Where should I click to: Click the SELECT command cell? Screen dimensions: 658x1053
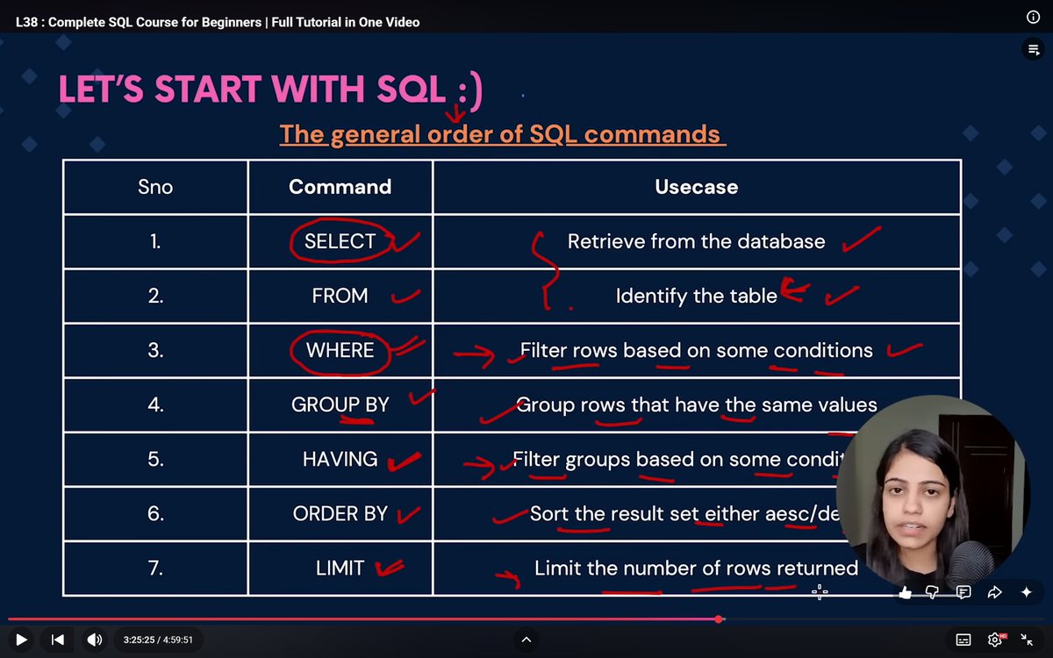(340, 241)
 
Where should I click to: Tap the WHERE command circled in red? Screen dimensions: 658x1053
(340, 350)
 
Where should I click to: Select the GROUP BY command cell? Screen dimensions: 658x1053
(340, 404)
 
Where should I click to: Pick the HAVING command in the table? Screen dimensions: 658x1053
(340, 459)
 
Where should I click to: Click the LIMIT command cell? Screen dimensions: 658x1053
(340, 568)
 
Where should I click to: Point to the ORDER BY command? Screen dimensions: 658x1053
(340, 513)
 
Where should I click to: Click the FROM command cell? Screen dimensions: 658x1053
(340, 296)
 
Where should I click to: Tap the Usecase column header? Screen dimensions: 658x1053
(696, 187)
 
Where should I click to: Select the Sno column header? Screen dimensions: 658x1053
(155, 187)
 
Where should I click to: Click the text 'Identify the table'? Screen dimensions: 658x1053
(696, 296)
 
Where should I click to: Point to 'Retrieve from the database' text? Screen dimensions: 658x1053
(696, 241)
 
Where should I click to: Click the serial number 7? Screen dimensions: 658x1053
(155, 568)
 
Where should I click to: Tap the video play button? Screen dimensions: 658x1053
(21, 640)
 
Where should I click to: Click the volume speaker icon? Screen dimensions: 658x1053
(94, 640)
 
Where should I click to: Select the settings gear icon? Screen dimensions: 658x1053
(995, 640)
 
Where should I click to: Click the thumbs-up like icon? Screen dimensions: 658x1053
(905, 592)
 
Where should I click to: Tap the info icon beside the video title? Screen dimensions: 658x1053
(1033, 18)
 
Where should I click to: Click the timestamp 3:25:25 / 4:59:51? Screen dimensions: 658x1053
(158, 640)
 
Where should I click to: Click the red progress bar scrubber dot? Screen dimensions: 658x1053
(720, 619)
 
